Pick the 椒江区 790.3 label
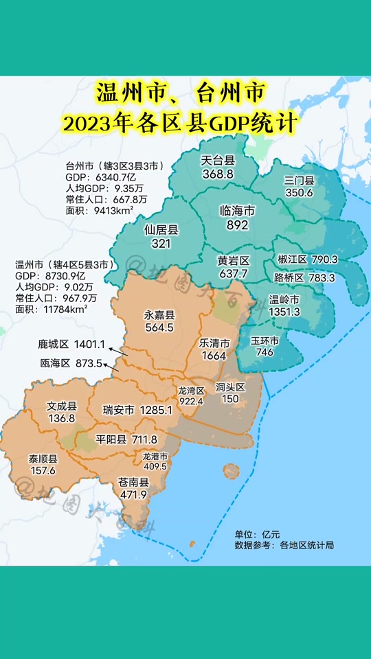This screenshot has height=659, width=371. pos(306,260)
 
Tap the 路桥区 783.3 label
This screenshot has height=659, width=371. pos(304,278)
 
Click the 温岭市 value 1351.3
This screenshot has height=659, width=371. pos(284,312)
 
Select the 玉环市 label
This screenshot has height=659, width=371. pos(265,340)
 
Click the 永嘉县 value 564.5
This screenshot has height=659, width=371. pos(159,328)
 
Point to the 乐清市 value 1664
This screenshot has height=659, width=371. pos(214,355)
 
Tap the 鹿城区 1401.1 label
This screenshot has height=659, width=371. pos(71,343)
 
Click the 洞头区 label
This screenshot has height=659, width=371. pos(230,388)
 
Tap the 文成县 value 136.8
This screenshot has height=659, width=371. pos(61,418)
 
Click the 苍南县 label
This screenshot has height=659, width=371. pos(134,483)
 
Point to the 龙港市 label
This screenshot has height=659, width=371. pos(155,455)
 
